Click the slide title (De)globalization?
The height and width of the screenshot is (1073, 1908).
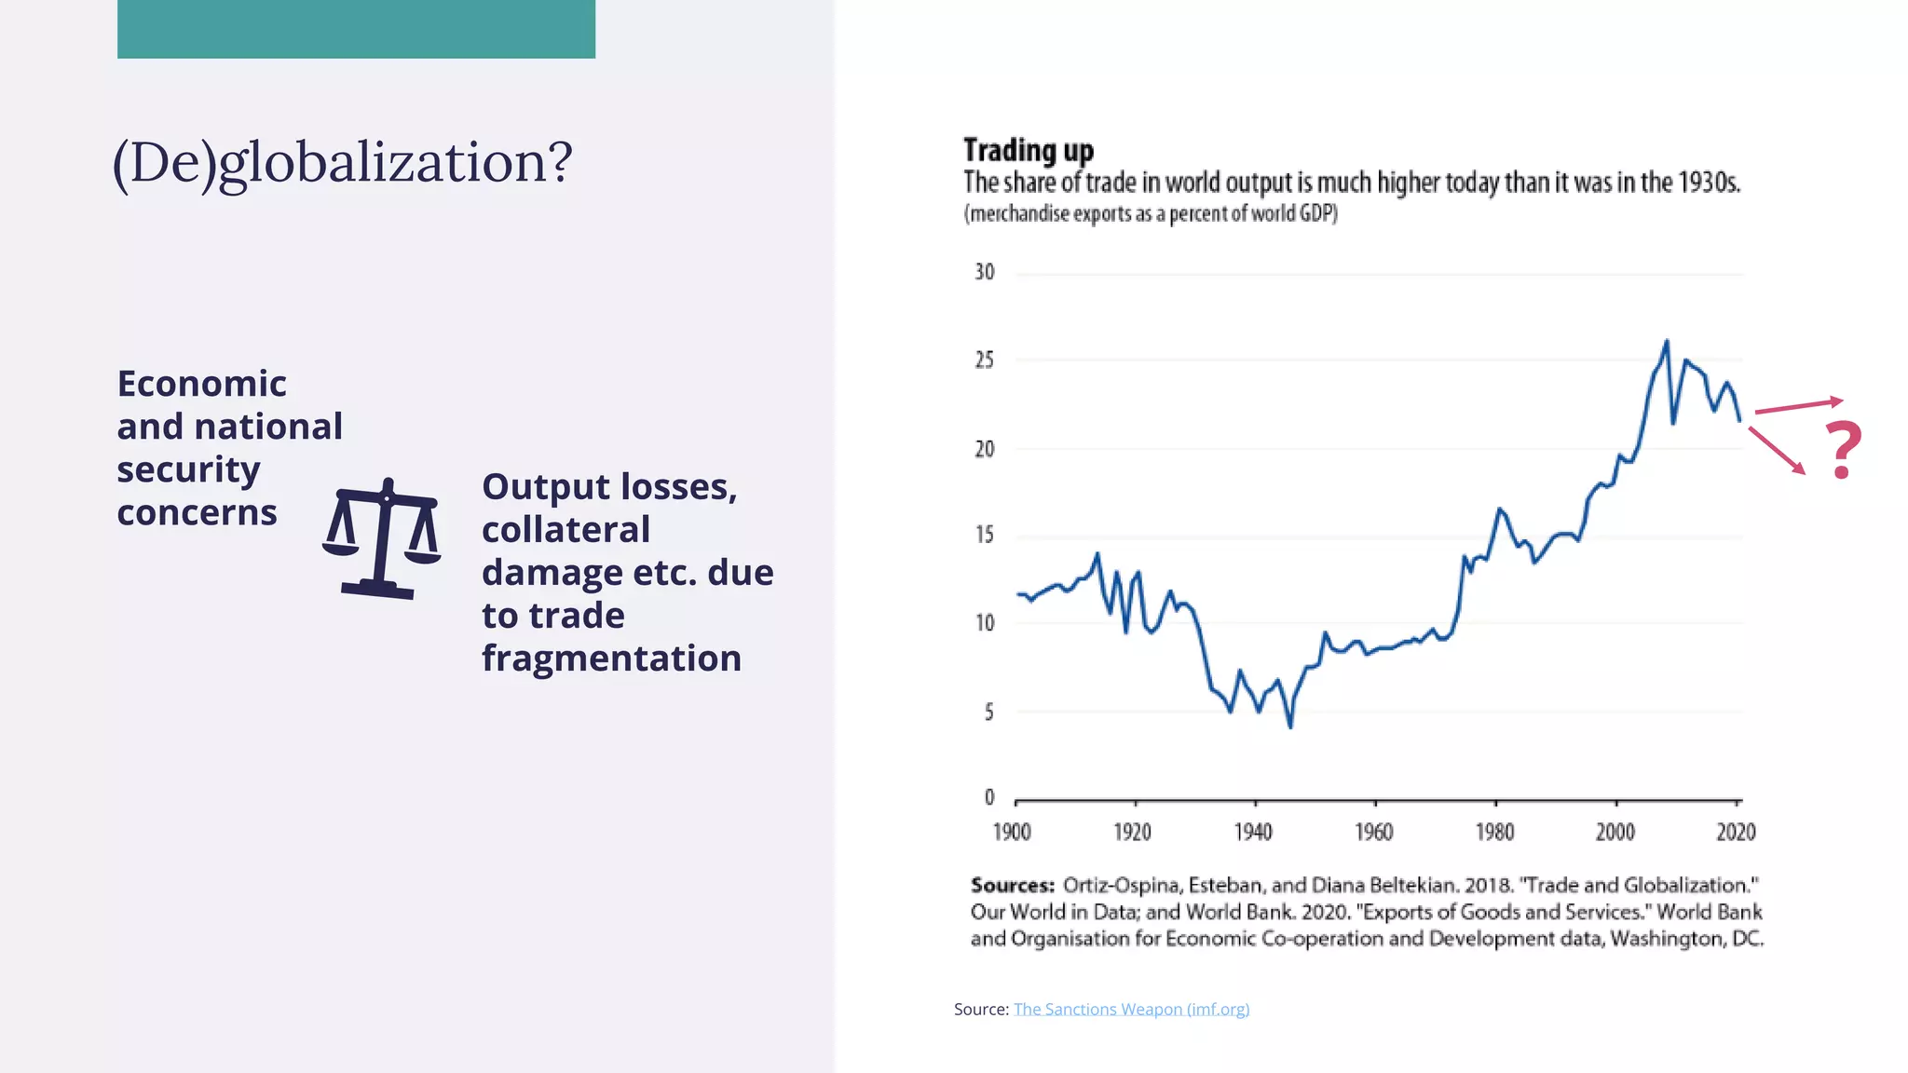[342, 163]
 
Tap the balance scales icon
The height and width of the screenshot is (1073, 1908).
[382, 539]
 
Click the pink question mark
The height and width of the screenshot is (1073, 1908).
[1842, 450]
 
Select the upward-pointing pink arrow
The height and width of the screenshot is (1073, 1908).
[1798, 405]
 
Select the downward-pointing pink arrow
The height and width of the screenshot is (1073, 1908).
[1777, 450]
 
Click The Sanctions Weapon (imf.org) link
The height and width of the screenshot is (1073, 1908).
[1131, 1009]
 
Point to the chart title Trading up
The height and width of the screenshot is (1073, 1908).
[1028, 150]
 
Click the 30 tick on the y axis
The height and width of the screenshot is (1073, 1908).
[985, 272]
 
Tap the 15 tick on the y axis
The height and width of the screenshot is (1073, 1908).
[985, 535]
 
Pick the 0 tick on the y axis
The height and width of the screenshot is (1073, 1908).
[989, 797]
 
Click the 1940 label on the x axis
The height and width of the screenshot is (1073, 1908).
[1253, 832]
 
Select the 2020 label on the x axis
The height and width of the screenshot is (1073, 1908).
[1736, 832]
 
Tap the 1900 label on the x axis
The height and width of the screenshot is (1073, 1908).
[1012, 832]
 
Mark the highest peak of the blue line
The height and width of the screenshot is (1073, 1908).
[1667, 342]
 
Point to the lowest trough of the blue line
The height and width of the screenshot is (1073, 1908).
[1290, 726]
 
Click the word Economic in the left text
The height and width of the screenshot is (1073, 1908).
[201, 384]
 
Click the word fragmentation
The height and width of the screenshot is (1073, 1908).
[611, 659]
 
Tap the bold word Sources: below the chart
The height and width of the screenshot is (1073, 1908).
[1012, 885]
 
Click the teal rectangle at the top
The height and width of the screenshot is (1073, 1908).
[356, 28]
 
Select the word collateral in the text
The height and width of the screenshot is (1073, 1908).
[566, 530]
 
